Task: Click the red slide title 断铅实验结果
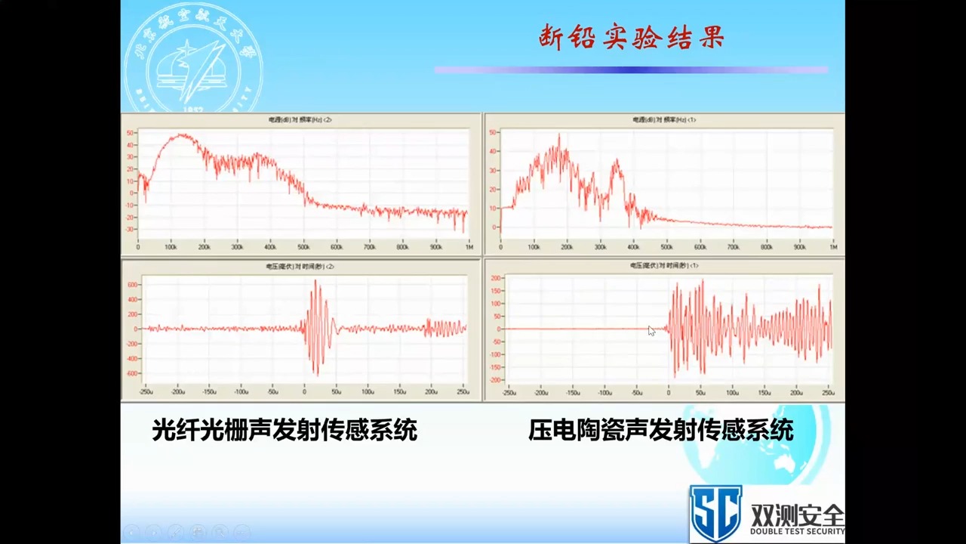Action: pos(631,37)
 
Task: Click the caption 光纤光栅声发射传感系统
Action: pos(285,431)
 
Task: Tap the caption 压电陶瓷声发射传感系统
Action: pos(660,431)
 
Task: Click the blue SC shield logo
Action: pos(715,513)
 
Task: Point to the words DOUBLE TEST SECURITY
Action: pos(797,531)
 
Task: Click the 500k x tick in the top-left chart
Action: pos(303,247)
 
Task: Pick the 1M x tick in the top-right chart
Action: pos(833,247)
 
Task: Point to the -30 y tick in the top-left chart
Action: pos(130,229)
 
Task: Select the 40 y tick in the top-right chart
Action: pos(493,151)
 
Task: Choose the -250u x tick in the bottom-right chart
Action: pos(509,393)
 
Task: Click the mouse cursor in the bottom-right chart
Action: pos(651,330)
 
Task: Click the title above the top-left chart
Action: pos(300,120)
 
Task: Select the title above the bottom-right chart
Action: pos(664,266)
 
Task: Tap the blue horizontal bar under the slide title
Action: pos(631,70)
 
